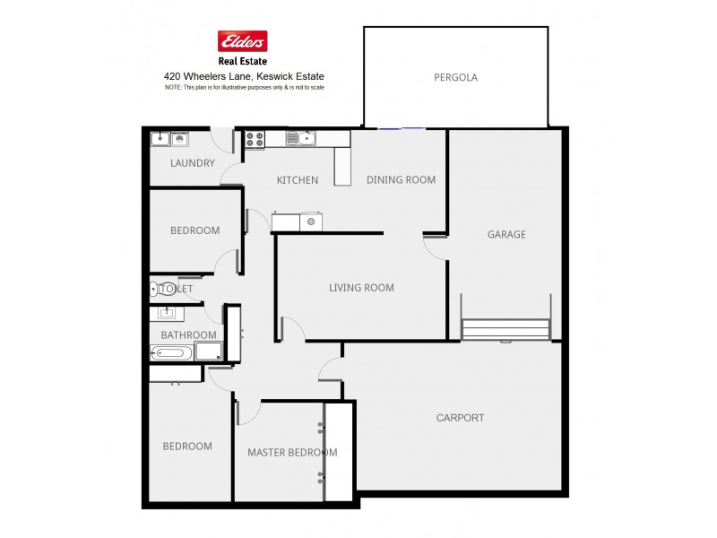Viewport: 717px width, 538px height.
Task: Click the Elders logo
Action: [x=243, y=41]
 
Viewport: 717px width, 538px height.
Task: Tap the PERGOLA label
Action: [x=455, y=78]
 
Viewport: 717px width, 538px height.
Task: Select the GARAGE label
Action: [x=506, y=235]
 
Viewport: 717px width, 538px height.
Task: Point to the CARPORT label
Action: [x=460, y=418]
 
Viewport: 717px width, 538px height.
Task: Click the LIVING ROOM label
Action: [x=361, y=288]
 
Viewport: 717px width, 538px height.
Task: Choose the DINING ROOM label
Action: [x=401, y=180]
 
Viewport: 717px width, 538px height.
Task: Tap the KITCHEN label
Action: [x=297, y=180]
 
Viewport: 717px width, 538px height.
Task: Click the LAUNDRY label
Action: [x=193, y=163]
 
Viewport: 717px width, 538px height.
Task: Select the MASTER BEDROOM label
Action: [x=292, y=453]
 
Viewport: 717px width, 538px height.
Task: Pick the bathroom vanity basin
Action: [x=166, y=313]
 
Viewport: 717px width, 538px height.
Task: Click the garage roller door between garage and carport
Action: [x=505, y=330]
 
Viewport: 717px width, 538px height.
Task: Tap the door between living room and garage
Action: [x=436, y=247]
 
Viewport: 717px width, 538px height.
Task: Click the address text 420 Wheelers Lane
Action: [x=243, y=77]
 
